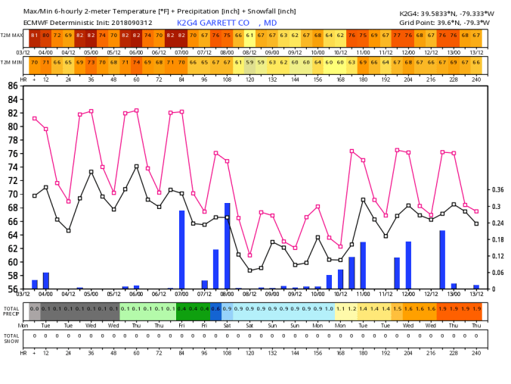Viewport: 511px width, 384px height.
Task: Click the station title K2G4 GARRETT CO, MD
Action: pyautogui.click(x=226, y=23)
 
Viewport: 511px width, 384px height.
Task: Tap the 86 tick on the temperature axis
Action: pyautogui.click(x=14, y=86)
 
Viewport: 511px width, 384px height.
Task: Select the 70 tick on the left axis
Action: pyautogui.click(x=14, y=194)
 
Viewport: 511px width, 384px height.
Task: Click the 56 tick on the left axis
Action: pyautogui.click(x=14, y=289)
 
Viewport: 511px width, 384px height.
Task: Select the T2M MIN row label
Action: pyautogui.click(x=11, y=62)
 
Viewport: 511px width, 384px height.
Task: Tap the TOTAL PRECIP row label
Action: pyautogui.click(x=11, y=311)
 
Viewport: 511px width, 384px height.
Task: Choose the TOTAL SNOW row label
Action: pyautogui.click(x=11, y=337)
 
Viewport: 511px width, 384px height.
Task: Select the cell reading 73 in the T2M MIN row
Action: pyautogui.click(x=91, y=62)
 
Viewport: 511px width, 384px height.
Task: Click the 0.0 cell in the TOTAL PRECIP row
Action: pyautogui.click(x=35, y=309)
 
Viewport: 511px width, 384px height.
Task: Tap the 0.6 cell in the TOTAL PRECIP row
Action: pyautogui.click(x=215, y=309)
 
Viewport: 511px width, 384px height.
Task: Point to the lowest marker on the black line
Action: pyautogui.click(x=250, y=270)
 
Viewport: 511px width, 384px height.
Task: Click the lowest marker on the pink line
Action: pyautogui.click(x=250, y=255)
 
